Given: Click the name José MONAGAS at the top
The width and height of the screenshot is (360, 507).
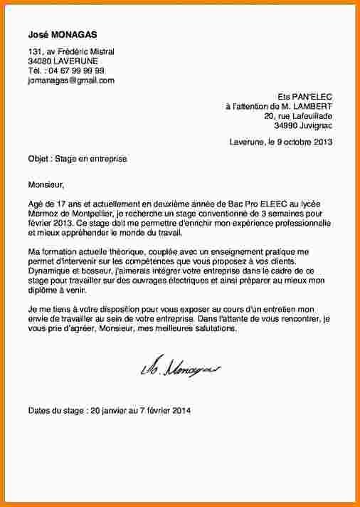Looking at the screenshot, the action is click(x=63, y=34).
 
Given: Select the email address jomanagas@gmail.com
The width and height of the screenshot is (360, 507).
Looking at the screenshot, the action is click(x=70, y=80).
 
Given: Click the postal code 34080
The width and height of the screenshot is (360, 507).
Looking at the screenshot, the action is click(x=39, y=61).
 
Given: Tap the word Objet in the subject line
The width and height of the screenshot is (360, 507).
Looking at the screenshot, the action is click(x=38, y=159).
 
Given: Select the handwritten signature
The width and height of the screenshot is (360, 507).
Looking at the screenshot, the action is click(x=181, y=369).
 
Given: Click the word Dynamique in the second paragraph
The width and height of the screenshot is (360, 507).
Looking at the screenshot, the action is click(x=49, y=271).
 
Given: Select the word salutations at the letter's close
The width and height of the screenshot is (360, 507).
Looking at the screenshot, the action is click(x=217, y=329).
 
